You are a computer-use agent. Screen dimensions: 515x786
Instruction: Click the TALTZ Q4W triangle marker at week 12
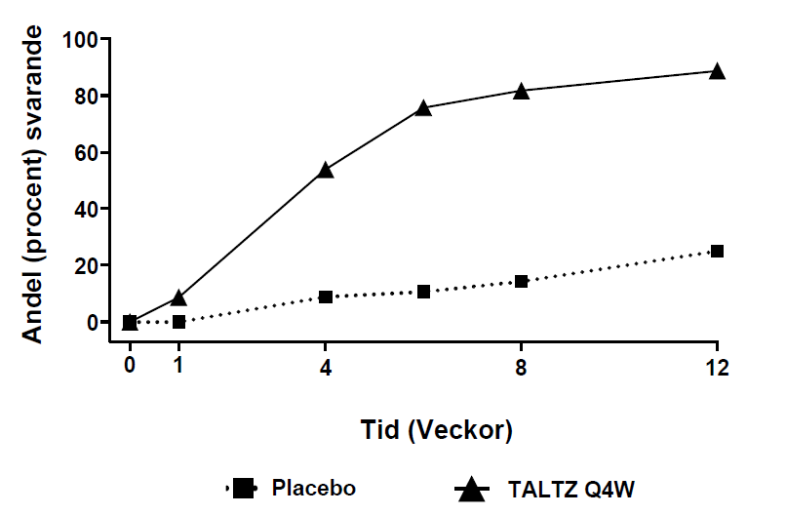717,71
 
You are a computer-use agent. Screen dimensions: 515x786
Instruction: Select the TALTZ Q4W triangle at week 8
521,91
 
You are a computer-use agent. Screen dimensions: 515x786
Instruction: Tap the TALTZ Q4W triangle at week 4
326,170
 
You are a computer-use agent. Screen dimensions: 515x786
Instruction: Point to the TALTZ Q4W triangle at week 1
178,297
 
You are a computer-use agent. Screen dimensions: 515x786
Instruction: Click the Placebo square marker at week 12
717,251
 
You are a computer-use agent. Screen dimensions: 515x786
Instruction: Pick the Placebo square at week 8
521,281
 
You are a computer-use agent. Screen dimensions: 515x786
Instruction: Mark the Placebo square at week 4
326,297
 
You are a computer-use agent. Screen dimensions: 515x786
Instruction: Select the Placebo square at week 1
178,321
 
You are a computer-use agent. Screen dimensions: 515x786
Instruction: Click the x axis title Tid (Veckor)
423,428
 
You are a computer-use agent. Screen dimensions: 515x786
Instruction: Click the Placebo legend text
314,488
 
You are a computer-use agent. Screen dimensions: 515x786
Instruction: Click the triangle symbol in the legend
472,487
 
